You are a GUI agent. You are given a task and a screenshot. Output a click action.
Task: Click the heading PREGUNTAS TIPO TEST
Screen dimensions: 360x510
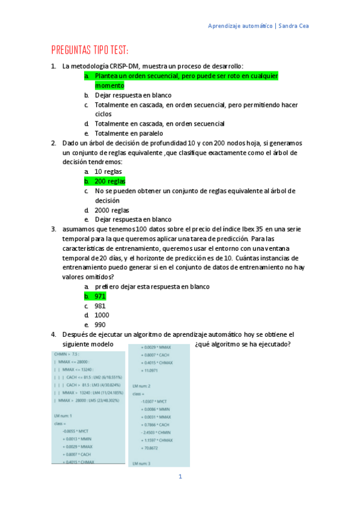[x=90, y=49]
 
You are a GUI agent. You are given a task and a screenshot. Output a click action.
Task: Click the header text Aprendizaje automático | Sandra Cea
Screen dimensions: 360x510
[x=258, y=26]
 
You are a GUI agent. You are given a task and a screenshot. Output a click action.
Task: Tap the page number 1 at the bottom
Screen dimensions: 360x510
[x=180, y=477]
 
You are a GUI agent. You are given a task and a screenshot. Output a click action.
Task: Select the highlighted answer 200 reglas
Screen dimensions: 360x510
[x=110, y=181]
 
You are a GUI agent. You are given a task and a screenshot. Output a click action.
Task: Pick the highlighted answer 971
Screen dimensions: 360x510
[x=100, y=296]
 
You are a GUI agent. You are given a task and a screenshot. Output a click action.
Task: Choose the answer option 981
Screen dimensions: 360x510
[x=100, y=306]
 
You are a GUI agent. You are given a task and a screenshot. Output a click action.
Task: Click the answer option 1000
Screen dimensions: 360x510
[x=102, y=315]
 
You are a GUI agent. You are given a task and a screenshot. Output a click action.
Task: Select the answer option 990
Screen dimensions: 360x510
[x=100, y=325]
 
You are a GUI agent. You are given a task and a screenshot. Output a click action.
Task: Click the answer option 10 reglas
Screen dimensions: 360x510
[x=108, y=171]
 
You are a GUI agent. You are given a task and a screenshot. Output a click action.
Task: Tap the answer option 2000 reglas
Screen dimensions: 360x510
[x=112, y=210]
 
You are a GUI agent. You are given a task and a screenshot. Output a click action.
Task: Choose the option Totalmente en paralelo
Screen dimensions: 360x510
[x=129, y=133]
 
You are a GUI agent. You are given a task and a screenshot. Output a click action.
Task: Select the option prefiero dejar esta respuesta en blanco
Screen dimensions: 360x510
[x=152, y=286]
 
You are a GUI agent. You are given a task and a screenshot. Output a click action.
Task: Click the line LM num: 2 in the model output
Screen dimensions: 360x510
[x=142, y=385]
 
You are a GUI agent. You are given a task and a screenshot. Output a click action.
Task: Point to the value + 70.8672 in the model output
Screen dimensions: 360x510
[x=150, y=448]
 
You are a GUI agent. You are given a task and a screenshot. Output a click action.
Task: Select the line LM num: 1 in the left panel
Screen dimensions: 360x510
[x=63, y=416]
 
